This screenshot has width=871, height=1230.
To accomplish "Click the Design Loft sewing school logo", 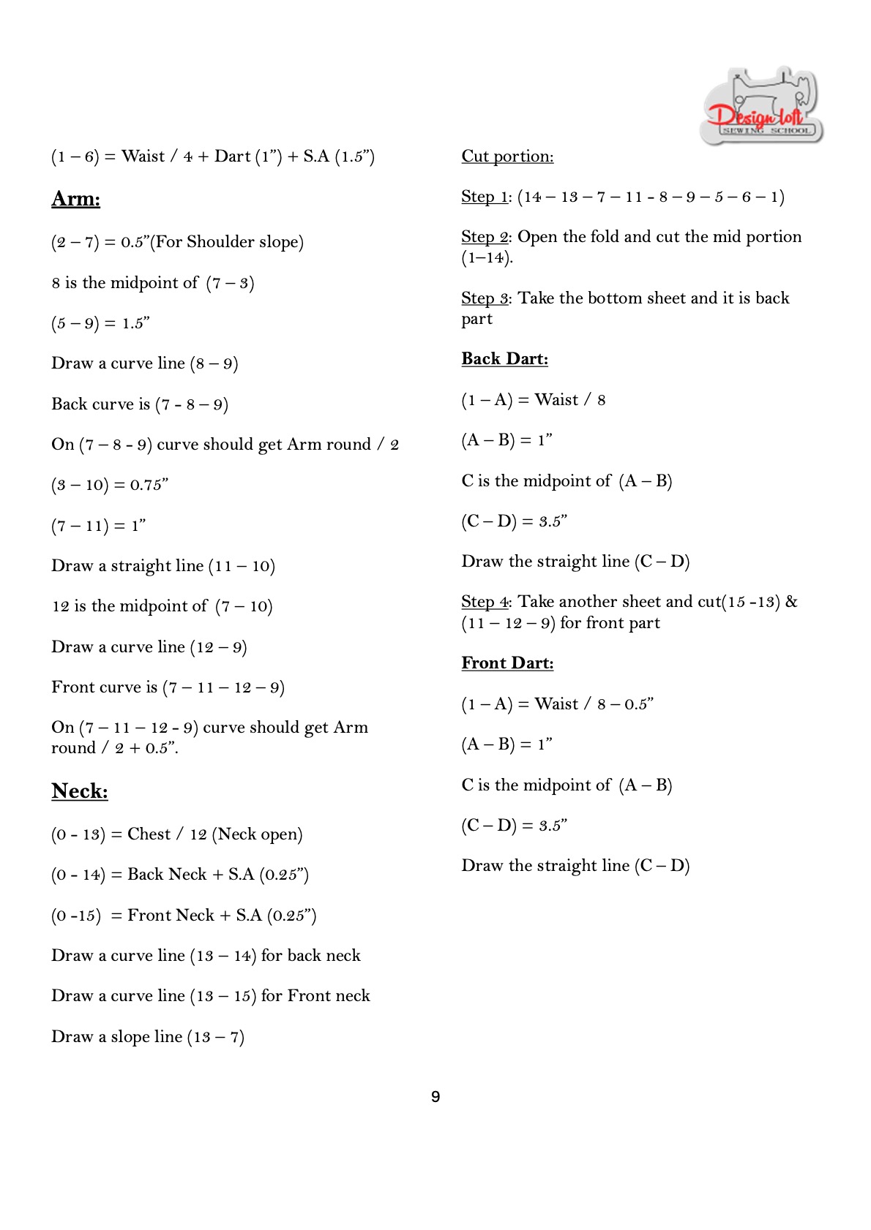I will click(x=761, y=106).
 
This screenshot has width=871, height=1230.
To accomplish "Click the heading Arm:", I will click(x=75, y=199).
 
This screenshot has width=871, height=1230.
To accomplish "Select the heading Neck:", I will click(x=79, y=791).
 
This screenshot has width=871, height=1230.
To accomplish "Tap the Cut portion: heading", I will click(x=507, y=156).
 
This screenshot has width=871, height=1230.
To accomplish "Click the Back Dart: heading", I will click(x=504, y=359).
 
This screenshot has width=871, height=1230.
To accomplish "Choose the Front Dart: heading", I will click(x=507, y=663).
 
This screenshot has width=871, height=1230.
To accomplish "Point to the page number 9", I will click(x=435, y=1097).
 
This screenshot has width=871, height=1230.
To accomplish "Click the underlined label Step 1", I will click(x=485, y=197).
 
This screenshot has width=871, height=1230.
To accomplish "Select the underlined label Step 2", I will click(x=485, y=237).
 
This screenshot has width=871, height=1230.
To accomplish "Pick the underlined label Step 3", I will click(x=485, y=298).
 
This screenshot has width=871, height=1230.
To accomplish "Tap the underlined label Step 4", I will click(x=485, y=602).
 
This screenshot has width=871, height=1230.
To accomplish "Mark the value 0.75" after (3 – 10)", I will click(x=149, y=485).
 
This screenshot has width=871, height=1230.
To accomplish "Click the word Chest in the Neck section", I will click(x=149, y=834).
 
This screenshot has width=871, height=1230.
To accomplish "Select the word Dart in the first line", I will click(x=233, y=156).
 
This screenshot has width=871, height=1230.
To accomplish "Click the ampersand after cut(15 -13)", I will click(x=791, y=602).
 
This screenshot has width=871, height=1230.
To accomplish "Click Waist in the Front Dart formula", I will click(x=556, y=704).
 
